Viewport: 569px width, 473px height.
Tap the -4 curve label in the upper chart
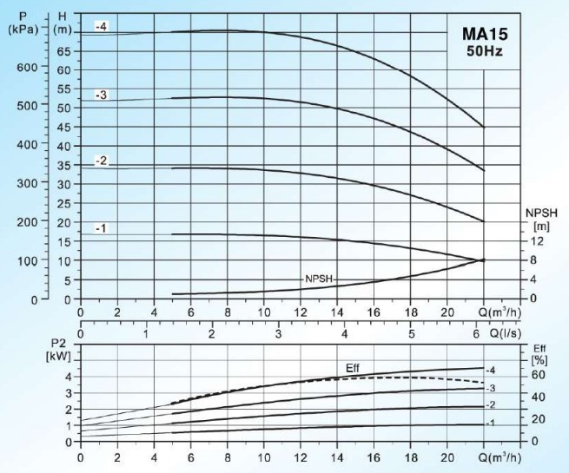(x=102, y=27)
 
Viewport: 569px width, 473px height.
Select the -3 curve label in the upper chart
(x=102, y=95)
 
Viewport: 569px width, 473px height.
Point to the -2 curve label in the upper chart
(x=102, y=161)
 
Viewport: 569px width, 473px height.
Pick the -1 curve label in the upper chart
(x=102, y=228)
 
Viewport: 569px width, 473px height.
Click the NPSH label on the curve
(x=319, y=279)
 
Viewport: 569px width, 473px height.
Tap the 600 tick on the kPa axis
(x=29, y=68)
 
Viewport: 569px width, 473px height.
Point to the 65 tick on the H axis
(x=64, y=50)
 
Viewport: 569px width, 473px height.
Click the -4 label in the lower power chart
(x=491, y=371)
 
